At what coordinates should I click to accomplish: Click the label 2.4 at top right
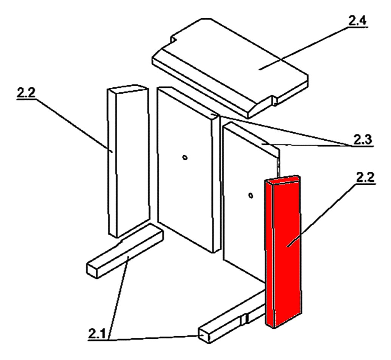coord(357,21)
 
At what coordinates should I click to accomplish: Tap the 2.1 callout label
coord(97,334)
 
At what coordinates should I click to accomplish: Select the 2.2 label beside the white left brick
coord(26,93)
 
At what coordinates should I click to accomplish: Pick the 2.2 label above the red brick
coord(365,177)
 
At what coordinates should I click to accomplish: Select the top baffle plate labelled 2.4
coord(230,67)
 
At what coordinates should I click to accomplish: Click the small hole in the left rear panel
coord(185,157)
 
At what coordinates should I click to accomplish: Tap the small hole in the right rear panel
coord(251,196)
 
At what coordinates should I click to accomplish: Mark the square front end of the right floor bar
coord(205,335)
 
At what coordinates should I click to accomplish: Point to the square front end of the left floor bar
coord(92,270)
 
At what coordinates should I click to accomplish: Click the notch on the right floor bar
coord(244,319)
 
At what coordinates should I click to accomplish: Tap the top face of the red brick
coord(283,180)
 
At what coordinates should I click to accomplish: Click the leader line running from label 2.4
coord(303,48)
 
